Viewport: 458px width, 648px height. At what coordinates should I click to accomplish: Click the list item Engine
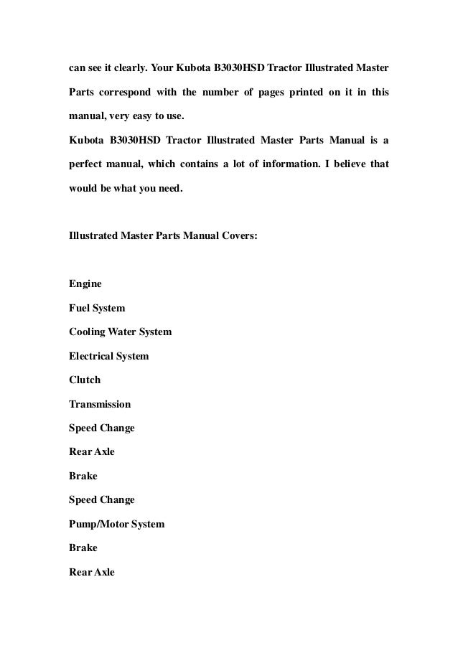(x=85, y=284)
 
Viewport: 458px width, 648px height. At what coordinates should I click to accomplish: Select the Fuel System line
(x=97, y=308)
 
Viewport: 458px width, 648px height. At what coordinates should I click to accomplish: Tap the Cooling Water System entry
(x=120, y=332)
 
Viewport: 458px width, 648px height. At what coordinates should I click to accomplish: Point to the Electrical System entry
(x=108, y=356)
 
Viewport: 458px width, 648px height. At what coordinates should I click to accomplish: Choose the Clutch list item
(x=85, y=380)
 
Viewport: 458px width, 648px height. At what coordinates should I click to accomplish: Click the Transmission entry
(x=100, y=404)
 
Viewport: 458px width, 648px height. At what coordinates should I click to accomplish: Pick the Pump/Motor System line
(x=116, y=524)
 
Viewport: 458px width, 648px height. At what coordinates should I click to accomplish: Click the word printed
(x=304, y=93)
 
